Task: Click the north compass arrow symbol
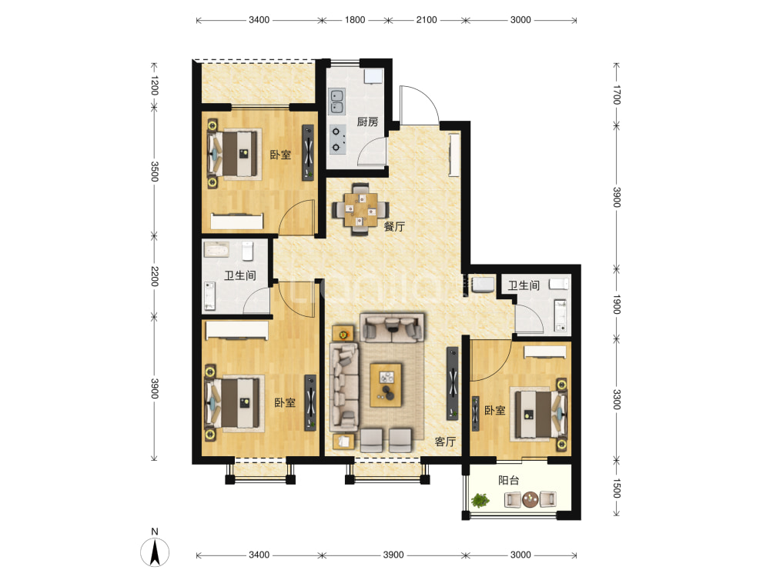point(155,552)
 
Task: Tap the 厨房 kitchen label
point(367,122)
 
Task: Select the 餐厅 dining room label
point(394,226)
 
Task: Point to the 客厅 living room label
point(445,442)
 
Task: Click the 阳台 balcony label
point(508,480)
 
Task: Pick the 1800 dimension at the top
point(355,20)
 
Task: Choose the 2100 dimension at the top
point(427,20)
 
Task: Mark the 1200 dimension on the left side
point(154,85)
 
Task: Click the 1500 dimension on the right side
point(616,488)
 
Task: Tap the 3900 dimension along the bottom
point(393,555)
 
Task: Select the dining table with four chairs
point(361,209)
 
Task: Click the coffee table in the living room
point(386,385)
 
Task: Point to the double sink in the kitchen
point(337,101)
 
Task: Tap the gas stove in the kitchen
point(337,139)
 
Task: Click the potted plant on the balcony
point(480,501)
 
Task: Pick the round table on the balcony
point(530,499)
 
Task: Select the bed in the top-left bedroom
point(235,154)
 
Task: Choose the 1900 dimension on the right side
point(616,305)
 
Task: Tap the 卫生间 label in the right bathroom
point(524,285)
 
